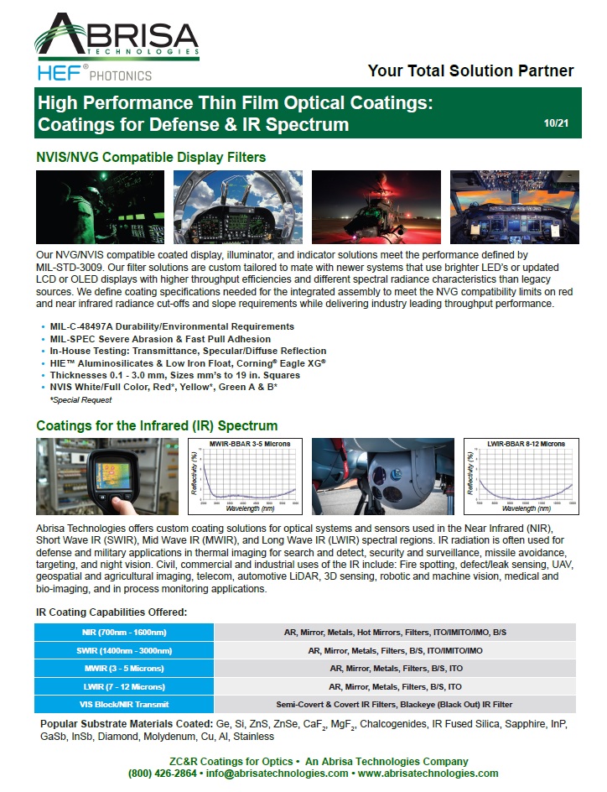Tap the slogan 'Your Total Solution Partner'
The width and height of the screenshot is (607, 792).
[x=470, y=71]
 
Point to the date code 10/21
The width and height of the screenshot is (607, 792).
[x=556, y=122]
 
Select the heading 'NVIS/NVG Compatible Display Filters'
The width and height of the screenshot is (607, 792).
[x=151, y=157]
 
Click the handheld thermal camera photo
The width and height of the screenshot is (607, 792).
[x=107, y=476]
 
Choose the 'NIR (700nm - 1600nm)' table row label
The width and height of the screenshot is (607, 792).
[x=124, y=632]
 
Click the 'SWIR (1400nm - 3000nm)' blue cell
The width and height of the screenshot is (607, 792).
[x=124, y=650]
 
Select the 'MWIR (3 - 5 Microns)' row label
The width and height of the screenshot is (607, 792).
[x=124, y=668]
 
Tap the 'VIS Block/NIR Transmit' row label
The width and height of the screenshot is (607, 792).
[x=124, y=704]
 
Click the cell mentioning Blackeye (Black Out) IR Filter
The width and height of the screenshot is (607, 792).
[x=394, y=704]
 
